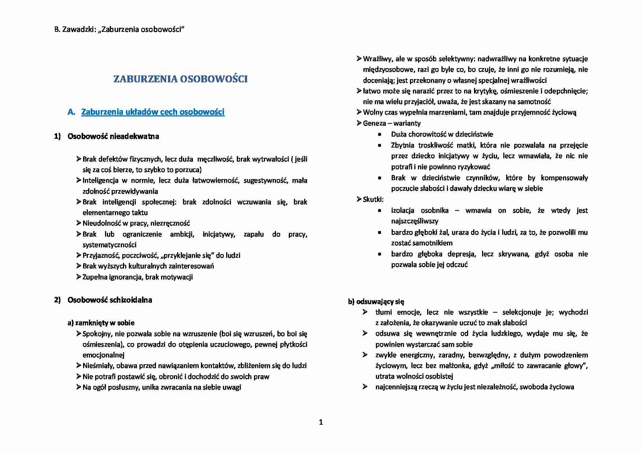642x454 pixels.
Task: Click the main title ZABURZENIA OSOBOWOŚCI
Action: [x=180, y=79]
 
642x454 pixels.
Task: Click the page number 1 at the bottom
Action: [x=321, y=422]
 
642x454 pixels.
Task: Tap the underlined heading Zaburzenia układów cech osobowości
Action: [x=153, y=112]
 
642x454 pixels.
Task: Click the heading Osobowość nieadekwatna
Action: [x=113, y=137]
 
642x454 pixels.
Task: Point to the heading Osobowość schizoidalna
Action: [x=109, y=300]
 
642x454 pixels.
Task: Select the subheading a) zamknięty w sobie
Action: [x=101, y=323]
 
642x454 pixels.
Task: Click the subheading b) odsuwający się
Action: [x=376, y=302]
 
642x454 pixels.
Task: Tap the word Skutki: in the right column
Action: [x=373, y=200]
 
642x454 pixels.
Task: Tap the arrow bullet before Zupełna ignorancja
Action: [x=79, y=277]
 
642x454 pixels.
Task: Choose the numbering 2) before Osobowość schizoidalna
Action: [x=57, y=300]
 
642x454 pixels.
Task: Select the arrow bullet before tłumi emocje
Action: [x=365, y=312]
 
